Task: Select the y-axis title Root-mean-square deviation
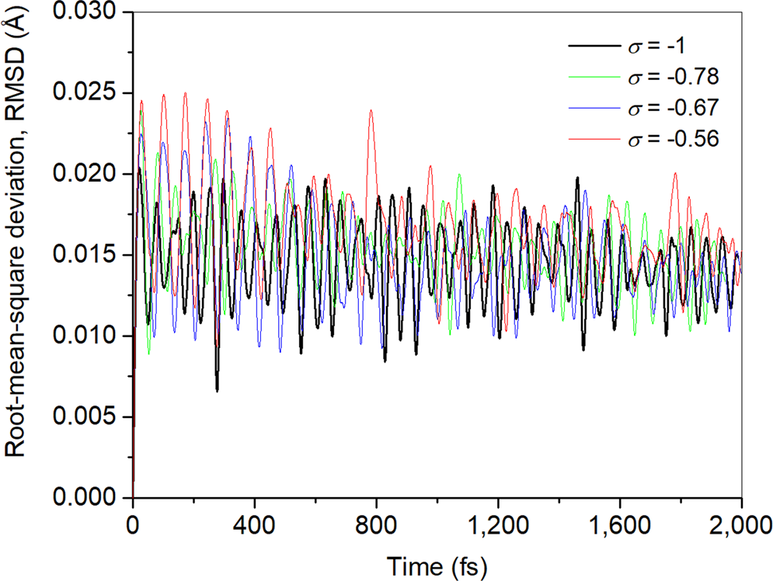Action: click(x=17, y=256)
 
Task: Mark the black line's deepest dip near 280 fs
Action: click(x=218, y=390)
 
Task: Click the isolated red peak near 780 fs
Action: click(x=371, y=110)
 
